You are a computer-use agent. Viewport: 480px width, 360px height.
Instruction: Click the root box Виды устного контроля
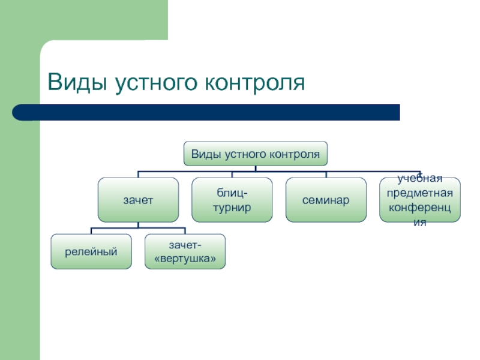point(255,154)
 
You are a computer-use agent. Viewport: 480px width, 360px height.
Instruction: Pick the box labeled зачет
point(138,200)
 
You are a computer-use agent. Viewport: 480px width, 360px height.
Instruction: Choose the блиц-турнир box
point(232,200)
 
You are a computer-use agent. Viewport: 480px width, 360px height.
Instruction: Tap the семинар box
point(326,200)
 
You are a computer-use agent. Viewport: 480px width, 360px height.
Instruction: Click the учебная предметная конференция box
point(421,200)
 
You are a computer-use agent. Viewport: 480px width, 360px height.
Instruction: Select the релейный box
point(91,251)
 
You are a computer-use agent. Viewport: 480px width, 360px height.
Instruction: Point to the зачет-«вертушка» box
point(185,251)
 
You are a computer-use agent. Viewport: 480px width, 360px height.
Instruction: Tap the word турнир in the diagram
point(232,206)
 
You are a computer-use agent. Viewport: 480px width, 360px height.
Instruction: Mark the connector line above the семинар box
point(326,174)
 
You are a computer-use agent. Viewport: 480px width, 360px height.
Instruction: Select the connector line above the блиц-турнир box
point(232,174)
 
